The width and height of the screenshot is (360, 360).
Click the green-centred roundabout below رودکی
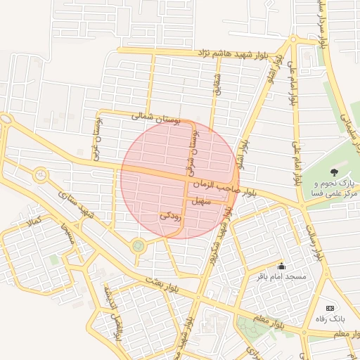pos(138,245)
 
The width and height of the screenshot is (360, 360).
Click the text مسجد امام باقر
pos(282,276)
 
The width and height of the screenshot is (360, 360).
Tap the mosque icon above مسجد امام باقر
pos(282,266)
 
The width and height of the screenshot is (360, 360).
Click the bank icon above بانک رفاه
pos(330,308)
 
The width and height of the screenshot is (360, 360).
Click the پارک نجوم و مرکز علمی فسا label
pos(333,188)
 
